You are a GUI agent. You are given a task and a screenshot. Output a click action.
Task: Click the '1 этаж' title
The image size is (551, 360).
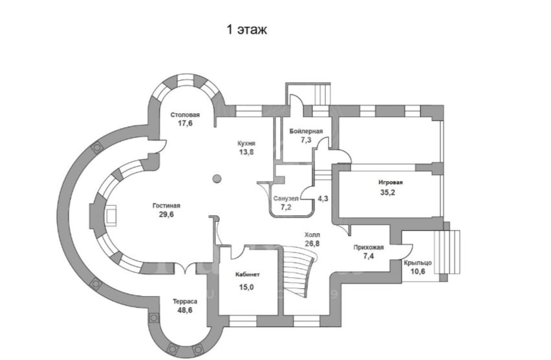[x=246, y=30]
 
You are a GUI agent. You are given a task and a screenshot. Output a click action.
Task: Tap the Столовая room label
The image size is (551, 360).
[x=185, y=115]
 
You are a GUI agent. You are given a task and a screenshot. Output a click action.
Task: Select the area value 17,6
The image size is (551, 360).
[x=185, y=123]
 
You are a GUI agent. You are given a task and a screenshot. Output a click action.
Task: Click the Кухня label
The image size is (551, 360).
[x=246, y=143]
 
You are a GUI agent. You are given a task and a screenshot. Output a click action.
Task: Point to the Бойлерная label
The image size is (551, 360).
[x=306, y=131]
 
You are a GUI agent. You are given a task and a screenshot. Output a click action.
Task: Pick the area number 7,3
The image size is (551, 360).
[x=306, y=140]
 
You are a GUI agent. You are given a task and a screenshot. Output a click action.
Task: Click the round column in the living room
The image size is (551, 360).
[x=217, y=179]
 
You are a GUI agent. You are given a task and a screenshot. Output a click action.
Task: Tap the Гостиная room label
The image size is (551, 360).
[x=166, y=206]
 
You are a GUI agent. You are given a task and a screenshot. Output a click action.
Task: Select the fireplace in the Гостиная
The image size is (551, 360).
[x=111, y=215]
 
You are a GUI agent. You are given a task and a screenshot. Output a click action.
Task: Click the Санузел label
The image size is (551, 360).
[x=286, y=198]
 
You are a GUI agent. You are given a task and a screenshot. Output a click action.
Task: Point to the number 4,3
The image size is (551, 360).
[x=323, y=198]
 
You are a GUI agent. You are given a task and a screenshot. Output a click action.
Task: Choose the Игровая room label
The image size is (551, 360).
[x=391, y=183]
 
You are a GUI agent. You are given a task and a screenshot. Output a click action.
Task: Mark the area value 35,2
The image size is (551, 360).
[x=387, y=193]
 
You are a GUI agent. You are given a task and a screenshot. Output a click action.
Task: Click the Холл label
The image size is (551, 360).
[x=312, y=235]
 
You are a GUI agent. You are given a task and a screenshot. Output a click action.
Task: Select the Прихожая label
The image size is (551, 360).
[x=369, y=248]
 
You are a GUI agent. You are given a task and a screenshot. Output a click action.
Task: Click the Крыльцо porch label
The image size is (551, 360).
[x=418, y=263]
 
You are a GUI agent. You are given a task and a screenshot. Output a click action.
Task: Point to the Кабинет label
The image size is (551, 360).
[x=248, y=275]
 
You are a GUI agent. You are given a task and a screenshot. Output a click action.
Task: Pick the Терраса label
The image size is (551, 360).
[x=185, y=302]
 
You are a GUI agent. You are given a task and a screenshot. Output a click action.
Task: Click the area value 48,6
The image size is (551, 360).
[x=185, y=310]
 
